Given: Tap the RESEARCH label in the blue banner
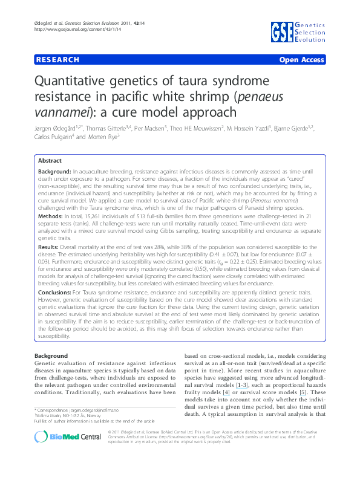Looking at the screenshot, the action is pyautogui.click(x=57, y=60).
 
